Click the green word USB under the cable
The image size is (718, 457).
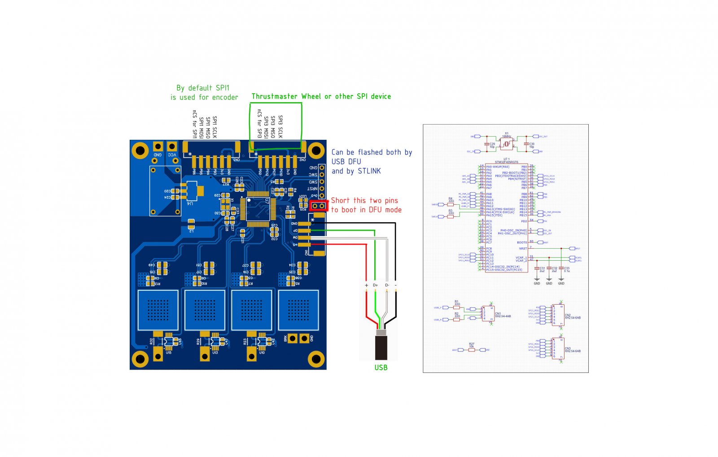tap(381, 367)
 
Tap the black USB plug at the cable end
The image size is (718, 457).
tap(381, 347)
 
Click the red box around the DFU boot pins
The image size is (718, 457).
tap(318, 206)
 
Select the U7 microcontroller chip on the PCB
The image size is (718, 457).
tap(258, 208)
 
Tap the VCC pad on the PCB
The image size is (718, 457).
tap(171, 147)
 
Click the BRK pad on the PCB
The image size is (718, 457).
tap(293, 338)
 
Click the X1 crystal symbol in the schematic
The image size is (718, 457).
tap(507, 143)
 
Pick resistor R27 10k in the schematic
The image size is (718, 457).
tap(472, 350)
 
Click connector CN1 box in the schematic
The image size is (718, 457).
tap(488, 314)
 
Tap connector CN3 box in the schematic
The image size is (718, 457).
tap(558, 348)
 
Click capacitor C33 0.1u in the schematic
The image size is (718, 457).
tap(561, 270)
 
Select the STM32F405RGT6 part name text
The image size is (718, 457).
tap(506, 162)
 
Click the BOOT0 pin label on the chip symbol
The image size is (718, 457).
tap(522, 242)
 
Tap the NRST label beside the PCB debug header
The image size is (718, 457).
tap(312, 189)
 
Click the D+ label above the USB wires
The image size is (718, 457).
tap(375, 285)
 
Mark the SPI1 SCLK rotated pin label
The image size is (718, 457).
tap(215, 127)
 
